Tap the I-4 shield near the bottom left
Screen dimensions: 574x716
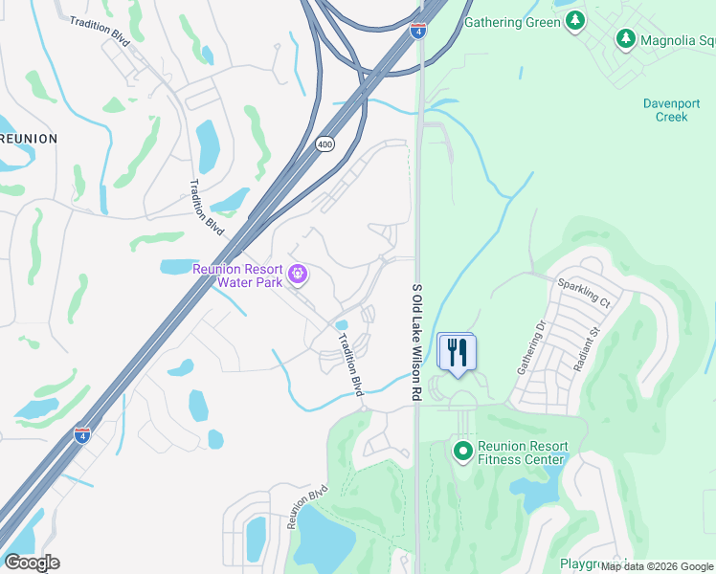click(x=83, y=436)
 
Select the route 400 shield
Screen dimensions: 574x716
click(x=324, y=143)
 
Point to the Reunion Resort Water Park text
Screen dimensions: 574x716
click(x=239, y=276)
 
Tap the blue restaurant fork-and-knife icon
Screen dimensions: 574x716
click(x=457, y=351)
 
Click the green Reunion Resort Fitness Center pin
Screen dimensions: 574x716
click(x=463, y=449)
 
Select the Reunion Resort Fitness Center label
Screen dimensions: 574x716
click(x=522, y=453)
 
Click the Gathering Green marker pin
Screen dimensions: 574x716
click(x=574, y=22)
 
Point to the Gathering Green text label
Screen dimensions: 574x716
click(x=511, y=22)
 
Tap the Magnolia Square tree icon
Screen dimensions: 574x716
click(x=625, y=39)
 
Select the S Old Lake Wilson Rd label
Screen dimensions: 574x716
click(x=416, y=341)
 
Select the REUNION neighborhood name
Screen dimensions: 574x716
click(x=29, y=139)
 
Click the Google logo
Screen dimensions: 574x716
click(x=32, y=563)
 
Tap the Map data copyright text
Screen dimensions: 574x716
click(x=657, y=566)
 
